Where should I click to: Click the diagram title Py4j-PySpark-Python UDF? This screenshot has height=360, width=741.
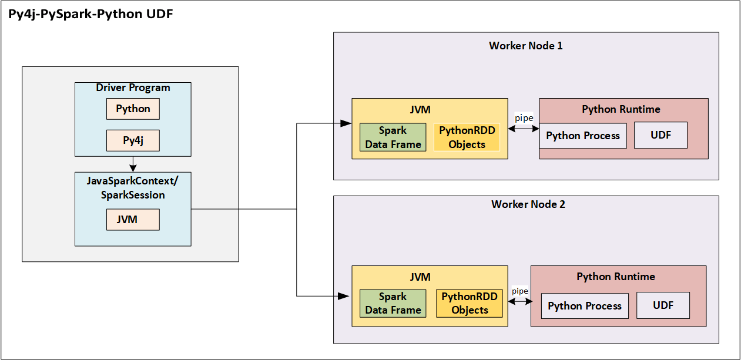tap(90, 15)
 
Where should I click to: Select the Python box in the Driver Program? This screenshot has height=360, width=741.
tap(133, 109)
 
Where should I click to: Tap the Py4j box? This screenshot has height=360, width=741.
tap(133, 141)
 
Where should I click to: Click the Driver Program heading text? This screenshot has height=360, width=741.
tap(133, 88)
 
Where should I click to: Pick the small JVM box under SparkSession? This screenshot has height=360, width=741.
tap(133, 220)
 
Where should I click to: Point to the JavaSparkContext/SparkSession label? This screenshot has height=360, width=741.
tap(133, 187)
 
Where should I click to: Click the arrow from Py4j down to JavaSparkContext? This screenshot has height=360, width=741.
tap(133, 164)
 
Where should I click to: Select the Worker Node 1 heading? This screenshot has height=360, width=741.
tap(525, 46)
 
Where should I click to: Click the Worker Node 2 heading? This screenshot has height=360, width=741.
tap(528, 204)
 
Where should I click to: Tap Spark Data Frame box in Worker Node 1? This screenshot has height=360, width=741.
tap(393, 137)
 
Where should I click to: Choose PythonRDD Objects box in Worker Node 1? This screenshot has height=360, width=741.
tap(467, 137)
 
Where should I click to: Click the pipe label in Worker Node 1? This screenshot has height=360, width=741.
tap(524, 118)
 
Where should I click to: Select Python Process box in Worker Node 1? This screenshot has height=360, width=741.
tap(583, 136)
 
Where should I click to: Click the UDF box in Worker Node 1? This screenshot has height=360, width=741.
tap(660, 136)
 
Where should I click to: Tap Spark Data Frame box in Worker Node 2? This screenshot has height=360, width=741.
tap(393, 304)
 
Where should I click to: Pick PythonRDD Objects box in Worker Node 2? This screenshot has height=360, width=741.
tap(469, 304)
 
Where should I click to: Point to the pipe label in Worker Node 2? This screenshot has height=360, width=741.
tap(519, 291)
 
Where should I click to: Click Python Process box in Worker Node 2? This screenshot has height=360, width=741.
tap(585, 306)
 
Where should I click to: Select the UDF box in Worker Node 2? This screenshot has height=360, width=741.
tap(663, 306)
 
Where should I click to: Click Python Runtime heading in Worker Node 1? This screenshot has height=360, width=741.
tap(621, 109)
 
